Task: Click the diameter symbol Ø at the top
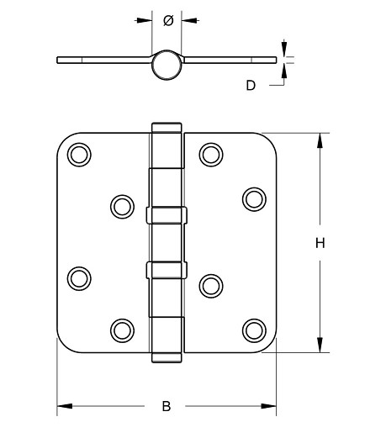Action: pyautogui.click(x=167, y=21)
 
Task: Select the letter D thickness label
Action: pyautogui.click(x=250, y=84)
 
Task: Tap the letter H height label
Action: pyautogui.click(x=320, y=244)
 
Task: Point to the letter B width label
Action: pyautogui.click(x=167, y=407)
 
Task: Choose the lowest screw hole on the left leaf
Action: pyautogui.click(x=122, y=329)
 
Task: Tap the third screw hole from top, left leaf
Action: pyautogui.click(x=78, y=277)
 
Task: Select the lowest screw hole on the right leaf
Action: pyautogui.click(x=254, y=329)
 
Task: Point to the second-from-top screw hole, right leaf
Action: pyautogui.click(x=254, y=198)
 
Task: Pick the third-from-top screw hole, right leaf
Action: pyautogui.click(x=210, y=284)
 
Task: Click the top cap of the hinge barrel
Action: pyautogui.click(x=167, y=127)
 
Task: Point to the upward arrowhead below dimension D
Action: pyautogui.click(x=283, y=71)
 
